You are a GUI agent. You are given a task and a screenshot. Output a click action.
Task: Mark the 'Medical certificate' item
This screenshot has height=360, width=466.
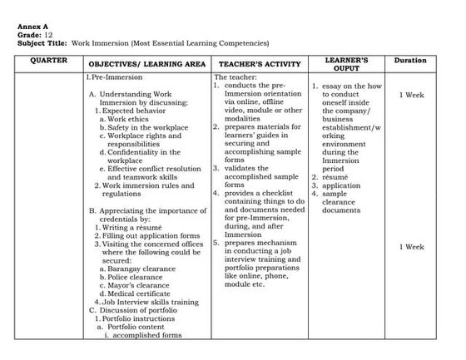click(x=136, y=293)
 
